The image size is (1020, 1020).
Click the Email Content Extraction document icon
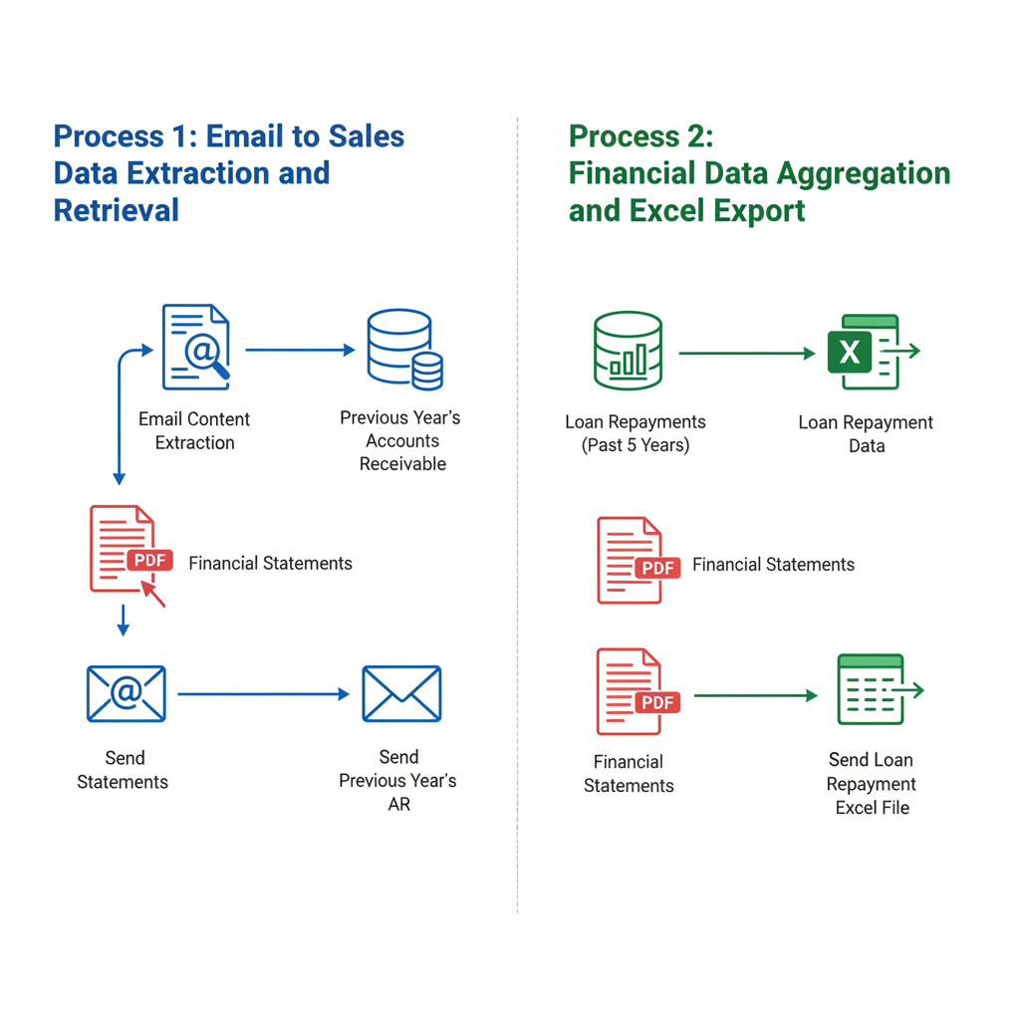click(195, 348)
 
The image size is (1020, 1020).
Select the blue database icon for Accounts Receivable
click(403, 350)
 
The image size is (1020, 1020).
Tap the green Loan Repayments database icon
click(628, 350)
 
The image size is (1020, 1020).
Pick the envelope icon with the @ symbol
click(126, 693)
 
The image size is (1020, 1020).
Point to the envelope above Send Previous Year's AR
click(401, 693)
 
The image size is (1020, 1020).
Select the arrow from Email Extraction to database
click(299, 350)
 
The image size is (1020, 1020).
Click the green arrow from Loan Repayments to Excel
click(746, 353)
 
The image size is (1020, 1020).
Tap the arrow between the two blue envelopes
click(263, 694)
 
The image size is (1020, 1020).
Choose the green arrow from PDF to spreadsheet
click(755, 695)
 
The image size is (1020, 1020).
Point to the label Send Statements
click(123, 770)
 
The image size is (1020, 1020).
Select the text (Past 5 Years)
click(635, 445)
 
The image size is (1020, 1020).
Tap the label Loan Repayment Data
click(866, 434)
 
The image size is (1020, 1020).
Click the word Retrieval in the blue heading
click(116, 209)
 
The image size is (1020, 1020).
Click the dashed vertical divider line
click(518, 498)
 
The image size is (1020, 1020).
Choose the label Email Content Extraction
click(194, 431)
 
